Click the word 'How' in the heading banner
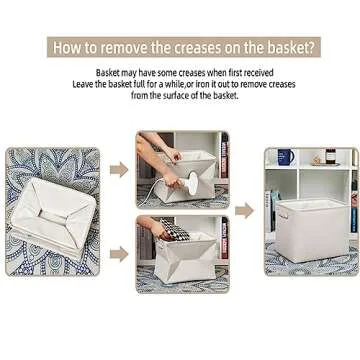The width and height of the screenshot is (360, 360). (x=67, y=46)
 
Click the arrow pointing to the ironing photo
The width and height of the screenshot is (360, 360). (x=119, y=170)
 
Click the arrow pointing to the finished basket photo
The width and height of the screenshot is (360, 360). (x=244, y=211)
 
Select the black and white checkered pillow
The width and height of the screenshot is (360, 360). (x=176, y=231)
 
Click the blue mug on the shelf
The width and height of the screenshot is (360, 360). (x=284, y=157)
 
